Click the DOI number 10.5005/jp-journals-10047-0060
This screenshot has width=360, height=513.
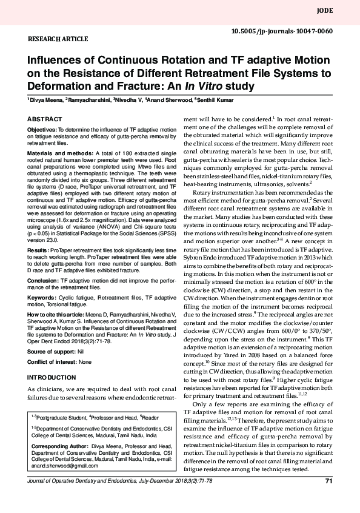click(x=282, y=30)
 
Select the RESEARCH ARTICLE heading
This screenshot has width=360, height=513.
click(x=56, y=38)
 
